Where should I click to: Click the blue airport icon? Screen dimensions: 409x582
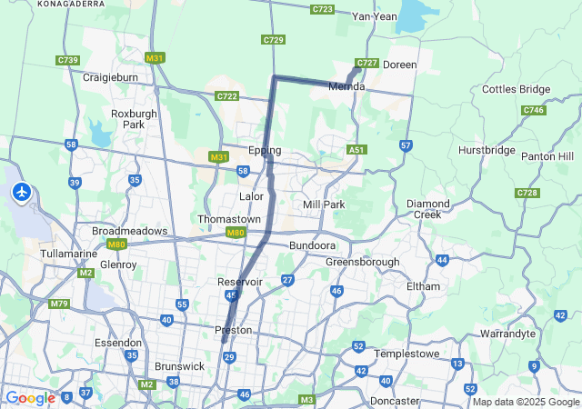click(22, 193)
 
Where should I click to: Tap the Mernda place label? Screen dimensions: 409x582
click(346, 86)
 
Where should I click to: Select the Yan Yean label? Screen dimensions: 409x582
click(375, 16)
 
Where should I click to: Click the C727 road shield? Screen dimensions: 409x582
click(366, 63)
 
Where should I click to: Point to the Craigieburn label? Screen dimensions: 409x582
click(110, 77)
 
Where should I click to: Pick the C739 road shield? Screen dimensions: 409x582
click(67, 60)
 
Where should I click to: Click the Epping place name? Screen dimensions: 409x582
click(265, 150)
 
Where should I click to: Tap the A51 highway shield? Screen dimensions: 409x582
click(357, 150)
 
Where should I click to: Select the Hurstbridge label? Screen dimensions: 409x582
click(487, 150)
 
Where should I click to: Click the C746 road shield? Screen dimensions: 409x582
click(534, 110)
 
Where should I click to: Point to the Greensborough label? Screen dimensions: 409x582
click(362, 262)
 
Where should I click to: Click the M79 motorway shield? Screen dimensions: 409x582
click(59, 304)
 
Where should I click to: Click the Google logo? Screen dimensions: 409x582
click(30, 397)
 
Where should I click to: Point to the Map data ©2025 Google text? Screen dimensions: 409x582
click(526, 402)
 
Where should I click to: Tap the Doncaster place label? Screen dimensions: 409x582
click(395, 401)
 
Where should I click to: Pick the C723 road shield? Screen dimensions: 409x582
click(322, 9)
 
